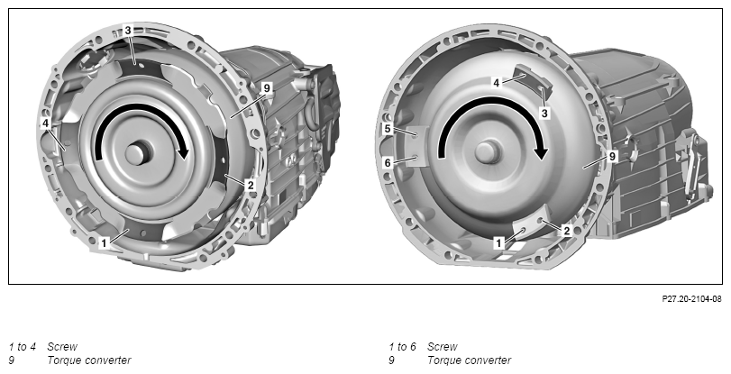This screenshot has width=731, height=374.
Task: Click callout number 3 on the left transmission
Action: tap(128, 31)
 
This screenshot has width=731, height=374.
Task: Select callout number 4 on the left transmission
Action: tap(45, 123)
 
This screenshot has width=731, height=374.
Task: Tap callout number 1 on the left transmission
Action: tap(104, 243)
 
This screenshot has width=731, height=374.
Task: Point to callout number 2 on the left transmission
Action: tap(251, 185)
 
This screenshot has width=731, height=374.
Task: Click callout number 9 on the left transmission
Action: tap(267, 87)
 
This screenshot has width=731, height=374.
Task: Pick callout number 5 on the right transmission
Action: tap(388, 129)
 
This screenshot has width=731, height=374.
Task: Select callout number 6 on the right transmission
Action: tap(388, 163)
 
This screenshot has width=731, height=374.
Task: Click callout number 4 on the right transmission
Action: tap(497, 83)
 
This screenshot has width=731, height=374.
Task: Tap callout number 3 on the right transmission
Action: tap(544, 113)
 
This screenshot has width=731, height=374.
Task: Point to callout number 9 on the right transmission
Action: tap(613, 157)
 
